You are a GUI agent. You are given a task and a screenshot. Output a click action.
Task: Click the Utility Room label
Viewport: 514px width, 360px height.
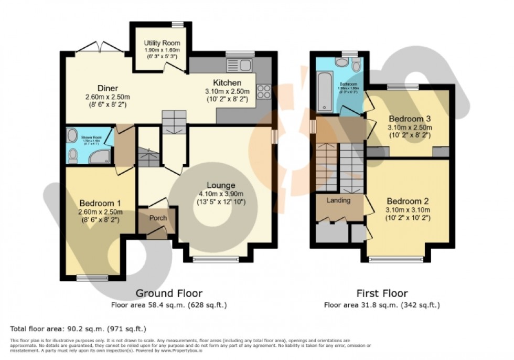coord(162,43)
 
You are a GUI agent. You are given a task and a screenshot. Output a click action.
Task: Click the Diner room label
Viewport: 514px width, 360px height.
coord(107,88)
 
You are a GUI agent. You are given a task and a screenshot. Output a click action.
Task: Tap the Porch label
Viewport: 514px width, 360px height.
coord(158,218)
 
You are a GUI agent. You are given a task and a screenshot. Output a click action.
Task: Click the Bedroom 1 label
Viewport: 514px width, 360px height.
coord(100,204)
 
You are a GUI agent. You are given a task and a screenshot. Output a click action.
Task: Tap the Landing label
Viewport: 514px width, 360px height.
coord(338,200)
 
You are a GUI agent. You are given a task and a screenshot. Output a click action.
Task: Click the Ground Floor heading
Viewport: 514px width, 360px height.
coord(169,293)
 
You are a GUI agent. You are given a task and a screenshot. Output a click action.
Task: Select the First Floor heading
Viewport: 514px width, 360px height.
coord(381,293)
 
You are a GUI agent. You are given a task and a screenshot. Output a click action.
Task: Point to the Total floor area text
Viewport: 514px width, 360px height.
coord(78,329)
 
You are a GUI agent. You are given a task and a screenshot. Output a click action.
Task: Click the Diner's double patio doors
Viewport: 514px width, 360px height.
coord(100,48)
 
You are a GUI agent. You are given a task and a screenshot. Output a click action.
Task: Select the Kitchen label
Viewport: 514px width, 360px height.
coord(227,83)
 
